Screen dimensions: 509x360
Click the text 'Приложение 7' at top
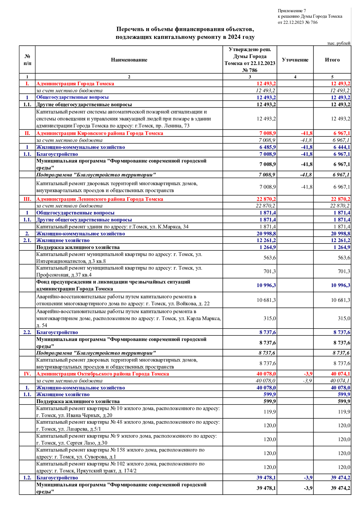click(x=292, y=11)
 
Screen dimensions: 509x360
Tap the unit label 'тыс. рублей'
click(x=339, y=43)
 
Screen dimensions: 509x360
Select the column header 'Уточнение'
click(x=295, y=60)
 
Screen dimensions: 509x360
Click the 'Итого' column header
click(x=332, y=60)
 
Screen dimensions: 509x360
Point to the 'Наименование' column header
click(x=129, y=60)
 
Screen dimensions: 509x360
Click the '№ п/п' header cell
click(x=27, y=60)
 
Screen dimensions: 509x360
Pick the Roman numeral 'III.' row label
click(x=27, y=199)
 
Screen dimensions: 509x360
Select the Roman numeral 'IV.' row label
click(x=27, y=374)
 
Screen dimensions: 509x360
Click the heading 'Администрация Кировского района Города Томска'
click(x=100, y=133)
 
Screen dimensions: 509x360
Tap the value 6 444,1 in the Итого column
click(x=342, y=147)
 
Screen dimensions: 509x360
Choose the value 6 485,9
click(x=268, y=147)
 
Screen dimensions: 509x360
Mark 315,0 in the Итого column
click(x=344, y=318)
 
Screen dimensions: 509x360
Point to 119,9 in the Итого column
click(x=344, y=412)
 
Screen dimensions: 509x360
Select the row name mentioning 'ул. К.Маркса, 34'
click(x=112, y=227)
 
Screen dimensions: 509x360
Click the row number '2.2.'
click(x=27, y=332)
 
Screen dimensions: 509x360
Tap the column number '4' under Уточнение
click(x=295, y=77)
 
